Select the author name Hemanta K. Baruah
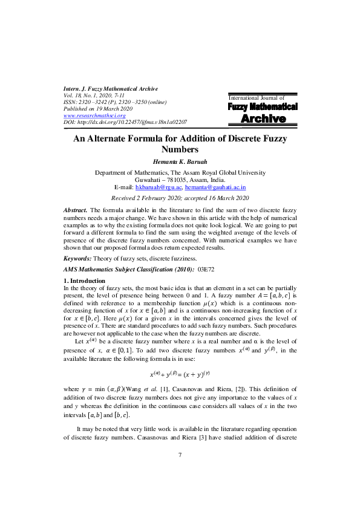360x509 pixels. coord(180,161)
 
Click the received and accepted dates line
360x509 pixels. coord(180,198)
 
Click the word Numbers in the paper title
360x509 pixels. coord(180,149)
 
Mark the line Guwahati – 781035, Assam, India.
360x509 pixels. coord(180,180)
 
